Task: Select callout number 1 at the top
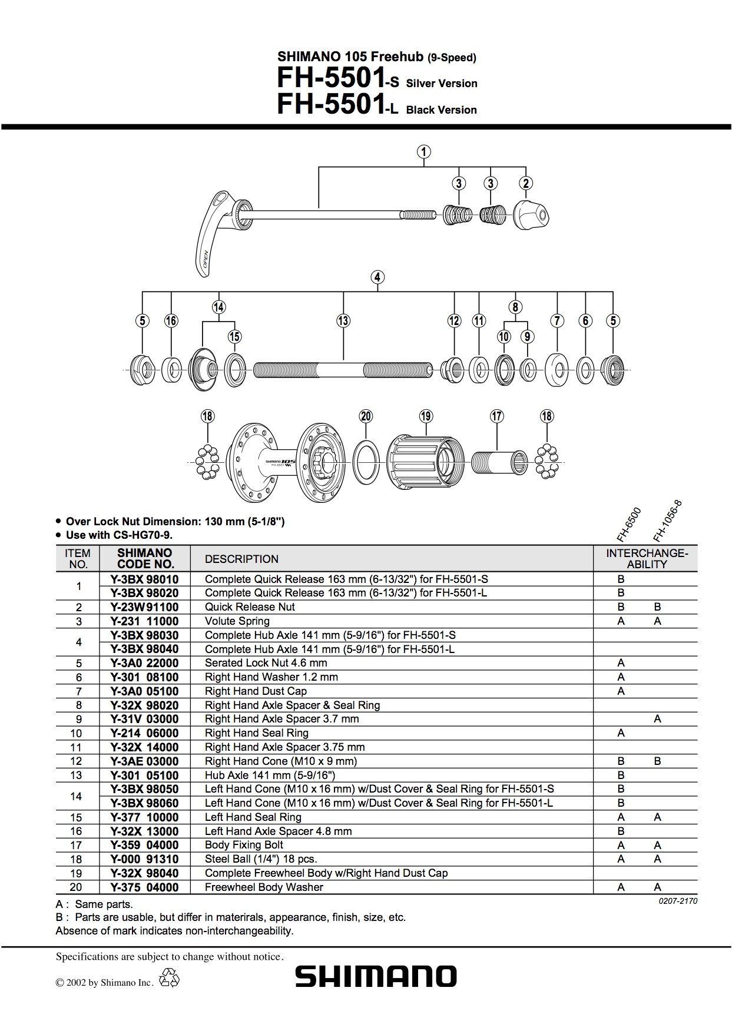pos(424,151)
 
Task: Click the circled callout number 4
pos(377,277)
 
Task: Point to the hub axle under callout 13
pos(343,370)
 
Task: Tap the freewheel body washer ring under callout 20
pos(366,460)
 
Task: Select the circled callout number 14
pos(218,307)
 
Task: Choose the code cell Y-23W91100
pos(144,607)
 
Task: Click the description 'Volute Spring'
pos(237,621)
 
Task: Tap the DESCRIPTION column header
pos(241,559)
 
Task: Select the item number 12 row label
pos(78,761)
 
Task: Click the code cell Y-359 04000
pos(144,845)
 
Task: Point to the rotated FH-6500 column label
pos(629,524)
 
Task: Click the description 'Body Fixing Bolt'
pos(244,845)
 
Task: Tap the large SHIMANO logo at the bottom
pos(376,976)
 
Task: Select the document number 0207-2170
pos(678,901)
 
